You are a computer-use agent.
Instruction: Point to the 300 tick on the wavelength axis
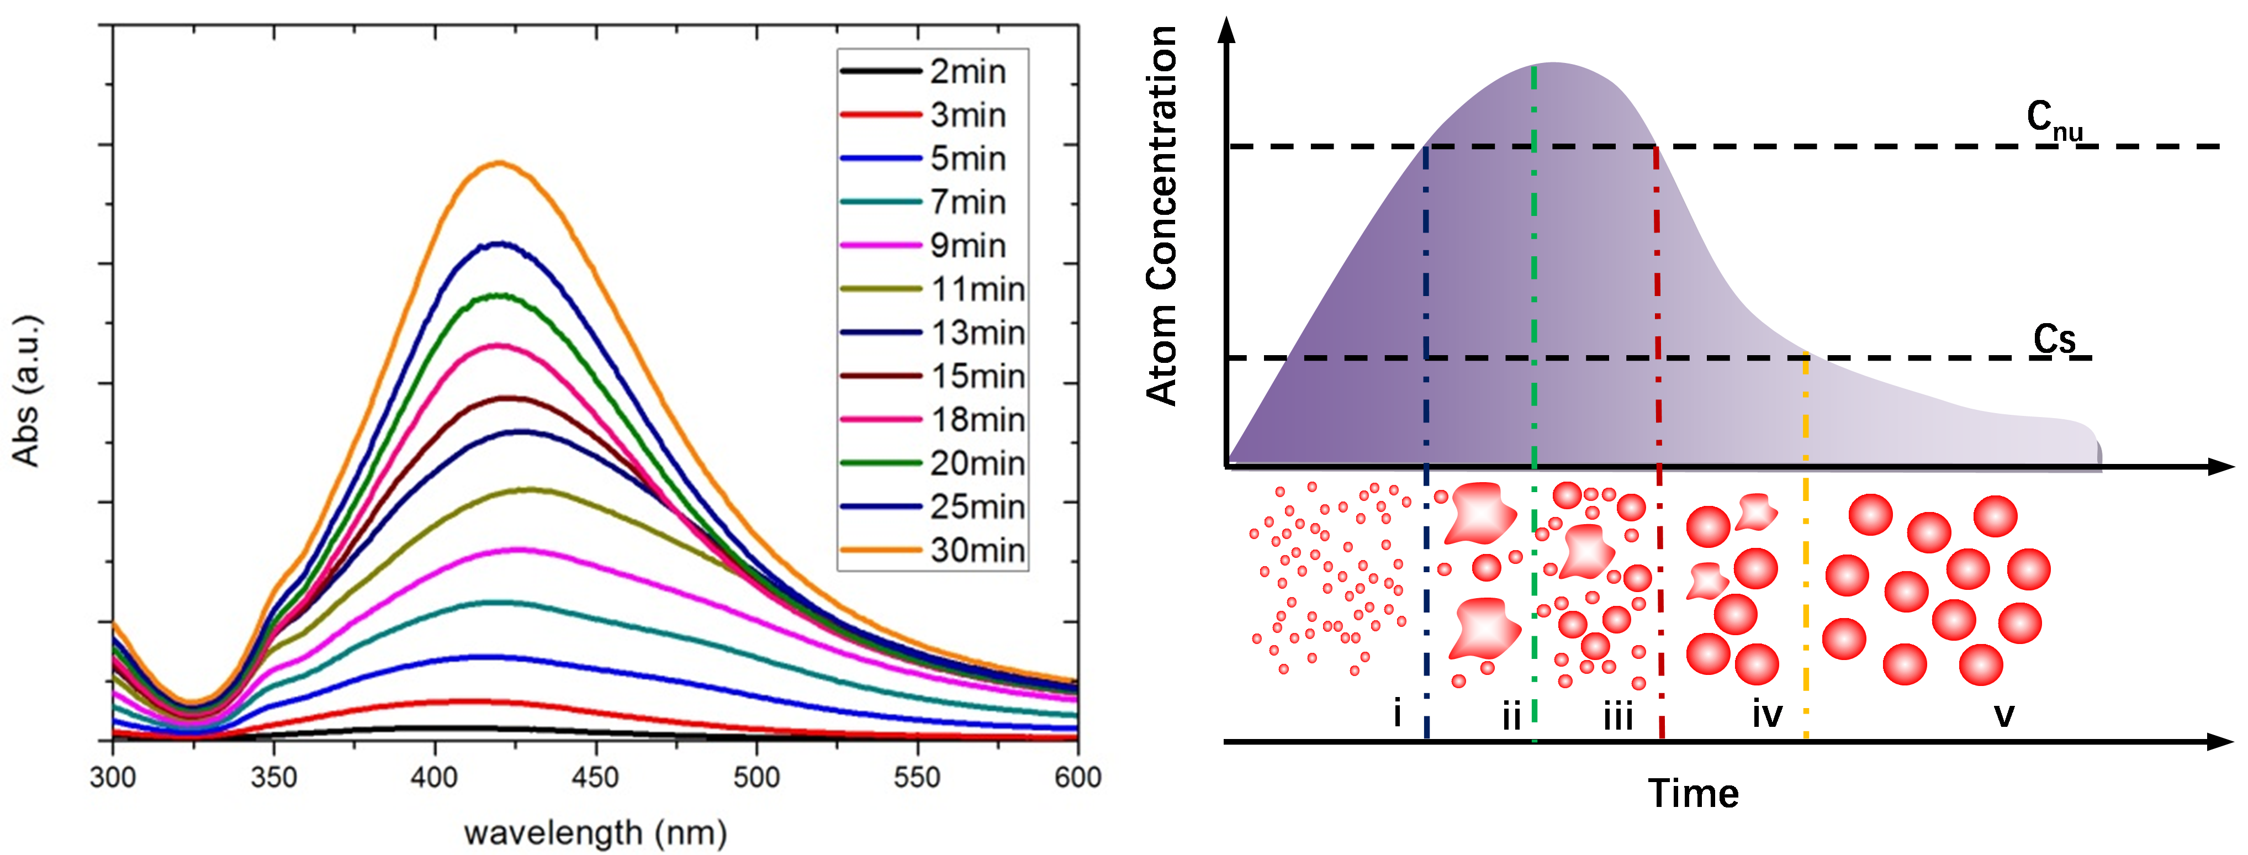coord(113,777)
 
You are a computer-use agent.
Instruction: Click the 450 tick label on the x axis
coord(595,777)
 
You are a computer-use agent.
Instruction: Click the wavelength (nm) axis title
coord(595,832)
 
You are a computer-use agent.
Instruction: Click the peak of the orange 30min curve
coord(499,163)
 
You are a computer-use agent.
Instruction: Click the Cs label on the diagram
coord(2054,339)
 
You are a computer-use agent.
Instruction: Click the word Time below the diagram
coord(1693,794)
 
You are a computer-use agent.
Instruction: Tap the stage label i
coord(1397,714)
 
